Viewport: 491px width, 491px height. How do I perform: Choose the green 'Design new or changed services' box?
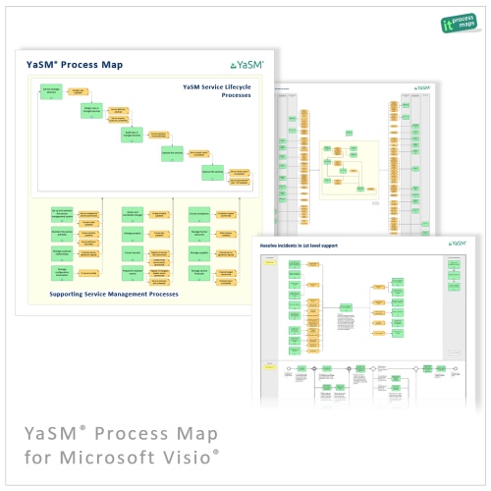point(91,114)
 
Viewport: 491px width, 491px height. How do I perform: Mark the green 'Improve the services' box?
point(213,175)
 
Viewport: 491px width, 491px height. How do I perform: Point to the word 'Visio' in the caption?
point(187,457)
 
